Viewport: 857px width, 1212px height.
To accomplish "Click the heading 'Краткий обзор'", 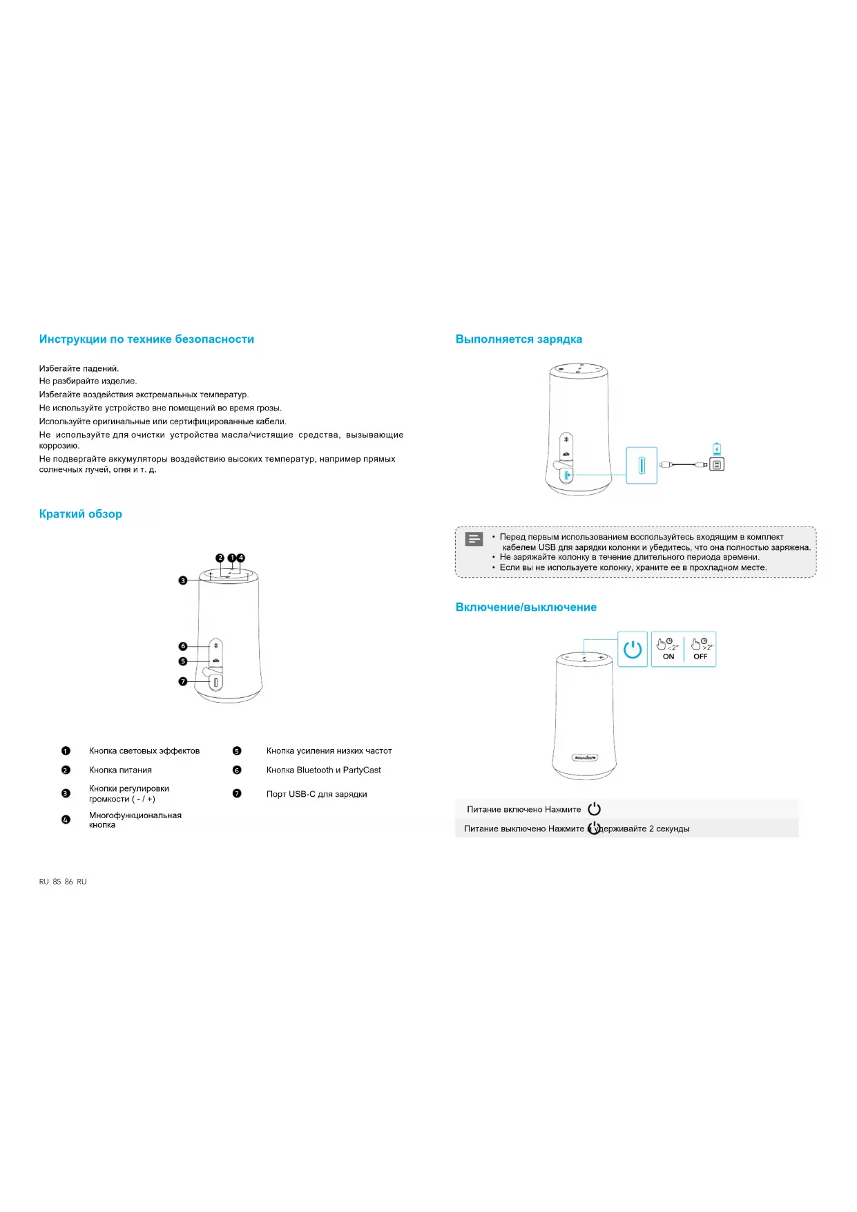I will (x=81, y=514).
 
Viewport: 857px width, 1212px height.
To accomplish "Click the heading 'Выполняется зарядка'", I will (x=519, y=339).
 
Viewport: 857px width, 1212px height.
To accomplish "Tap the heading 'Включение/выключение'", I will (x=526, y=607).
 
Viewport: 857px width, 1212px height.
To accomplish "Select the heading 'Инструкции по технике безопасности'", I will (x=146, y=339).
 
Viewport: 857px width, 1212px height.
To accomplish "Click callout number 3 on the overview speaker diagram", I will (x=183, y=580).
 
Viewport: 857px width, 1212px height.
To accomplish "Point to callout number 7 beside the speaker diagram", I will (x=183, y=681).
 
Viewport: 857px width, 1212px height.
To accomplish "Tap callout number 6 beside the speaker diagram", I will (x=183, y=646).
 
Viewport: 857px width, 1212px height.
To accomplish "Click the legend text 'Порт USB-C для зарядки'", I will (x=316, y=794).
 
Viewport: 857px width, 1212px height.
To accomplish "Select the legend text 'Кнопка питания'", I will (x=120, y=770).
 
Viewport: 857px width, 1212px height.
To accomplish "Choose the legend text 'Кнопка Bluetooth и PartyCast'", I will (x=323, y=770).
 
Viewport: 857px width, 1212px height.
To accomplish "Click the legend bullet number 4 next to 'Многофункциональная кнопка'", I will (x=66, y=820).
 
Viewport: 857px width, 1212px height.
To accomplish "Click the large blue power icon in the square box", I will (x=633, y=650).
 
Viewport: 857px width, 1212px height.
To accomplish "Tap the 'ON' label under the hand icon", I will (x=668, y=656).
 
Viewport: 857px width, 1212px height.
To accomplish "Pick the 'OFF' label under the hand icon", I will (x=700, y=656).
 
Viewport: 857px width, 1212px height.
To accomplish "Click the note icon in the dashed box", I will (x=474, y=539).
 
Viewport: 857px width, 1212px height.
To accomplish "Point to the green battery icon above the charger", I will (x=717, y=448).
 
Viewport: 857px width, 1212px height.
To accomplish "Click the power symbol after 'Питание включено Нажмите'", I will (x=595, y=809).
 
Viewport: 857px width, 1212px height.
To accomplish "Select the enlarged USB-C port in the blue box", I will (x=642, y=466).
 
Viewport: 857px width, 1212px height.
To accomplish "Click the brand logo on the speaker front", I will (x=585, y=757).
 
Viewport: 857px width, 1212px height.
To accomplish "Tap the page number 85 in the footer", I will (x=57, y=882).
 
